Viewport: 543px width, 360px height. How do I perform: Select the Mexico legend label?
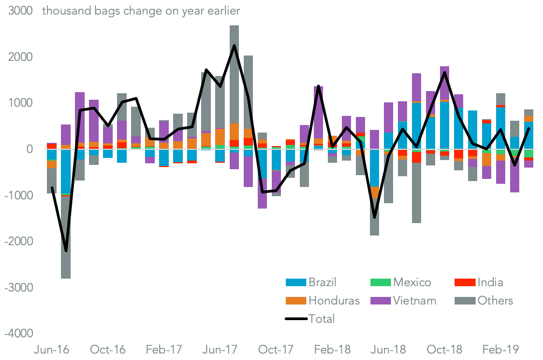(x=412, y=282)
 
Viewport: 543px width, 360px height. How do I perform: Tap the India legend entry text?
(x=490, y=282)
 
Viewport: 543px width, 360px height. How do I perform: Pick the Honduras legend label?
(x=334, y=300)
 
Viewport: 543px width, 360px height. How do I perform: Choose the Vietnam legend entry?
(x=415, y=300)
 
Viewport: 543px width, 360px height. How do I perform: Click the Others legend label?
(x=495, y=300)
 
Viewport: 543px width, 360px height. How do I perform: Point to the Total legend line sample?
(x=295, y=319)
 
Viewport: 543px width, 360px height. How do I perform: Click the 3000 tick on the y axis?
(x=19, y=11)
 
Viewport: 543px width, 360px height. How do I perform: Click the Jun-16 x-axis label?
(x=52, y=349)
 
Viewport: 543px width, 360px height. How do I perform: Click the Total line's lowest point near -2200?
(x=66, y=251)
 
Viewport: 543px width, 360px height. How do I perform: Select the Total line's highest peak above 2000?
(x=234, y=45)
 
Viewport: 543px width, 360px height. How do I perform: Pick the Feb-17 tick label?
(x=164, y=349)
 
